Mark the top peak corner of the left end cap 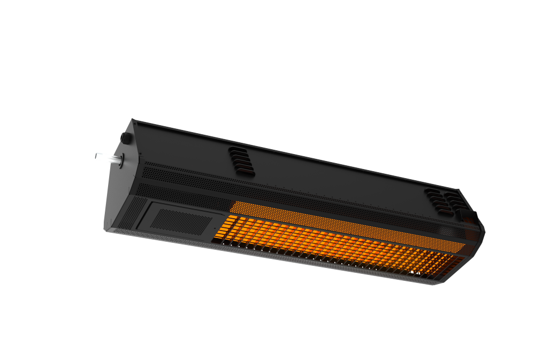134,120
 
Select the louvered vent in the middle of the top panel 241,159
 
